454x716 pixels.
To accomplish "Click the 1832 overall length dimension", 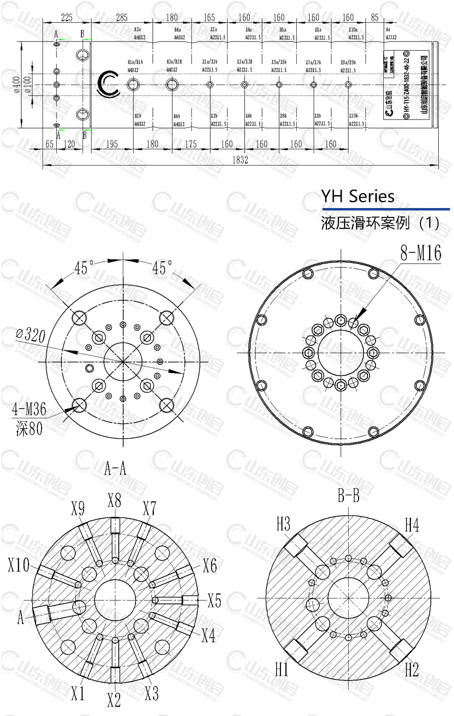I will tap(240, 160).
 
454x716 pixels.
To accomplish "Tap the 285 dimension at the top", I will tap(121, 18).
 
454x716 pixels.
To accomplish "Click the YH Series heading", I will tap(358, 196).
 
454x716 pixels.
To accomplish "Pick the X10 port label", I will tap(19, 565).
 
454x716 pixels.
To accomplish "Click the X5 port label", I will tap(214, 600).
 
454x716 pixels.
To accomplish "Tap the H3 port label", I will tap(283, 524).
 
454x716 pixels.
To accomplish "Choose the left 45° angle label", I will tap(85, 268).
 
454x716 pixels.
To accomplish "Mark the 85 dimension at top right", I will tap(374, 18).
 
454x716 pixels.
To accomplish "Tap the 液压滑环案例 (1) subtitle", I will tap(380, 223).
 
